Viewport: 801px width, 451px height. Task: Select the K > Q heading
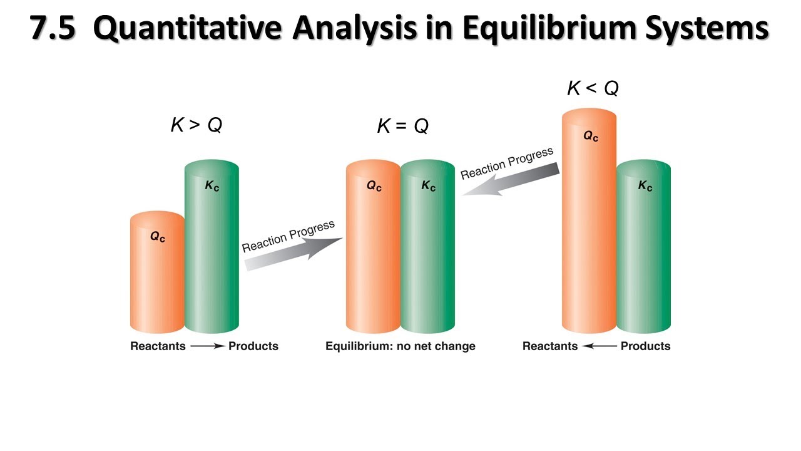click(x=196, y=125)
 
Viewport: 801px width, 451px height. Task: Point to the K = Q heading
click(x=403, y=127)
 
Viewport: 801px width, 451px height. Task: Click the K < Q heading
click(x=593, y=88)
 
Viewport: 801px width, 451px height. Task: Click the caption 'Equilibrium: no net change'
click(x=400, y=346)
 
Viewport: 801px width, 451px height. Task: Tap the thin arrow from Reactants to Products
click(x=207, y=346)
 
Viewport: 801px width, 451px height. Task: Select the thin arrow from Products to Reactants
click(x=599, y=346)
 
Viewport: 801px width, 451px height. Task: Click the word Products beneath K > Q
click(x=253, y=346)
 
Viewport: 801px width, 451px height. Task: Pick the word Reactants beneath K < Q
click(x=550, y=346)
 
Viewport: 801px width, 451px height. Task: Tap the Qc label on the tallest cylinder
click(x=591, y=135)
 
